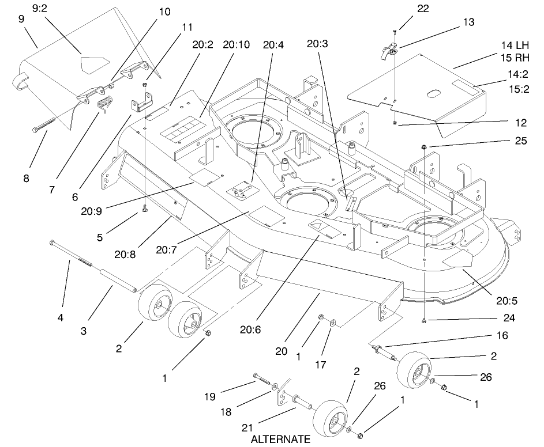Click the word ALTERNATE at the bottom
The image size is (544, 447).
pyautogui.click(x=280, y=439)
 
